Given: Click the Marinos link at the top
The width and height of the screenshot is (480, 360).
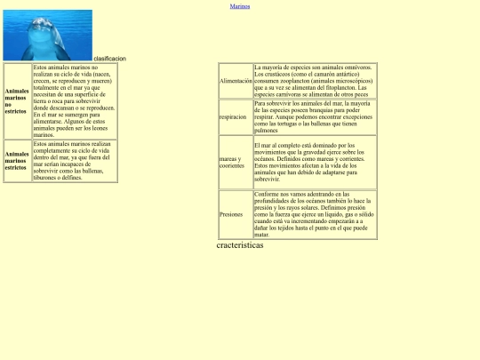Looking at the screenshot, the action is point(240,6).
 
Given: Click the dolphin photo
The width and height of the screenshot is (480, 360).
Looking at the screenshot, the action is point(47,35).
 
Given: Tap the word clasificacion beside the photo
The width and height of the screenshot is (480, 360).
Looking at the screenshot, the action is point(109,59).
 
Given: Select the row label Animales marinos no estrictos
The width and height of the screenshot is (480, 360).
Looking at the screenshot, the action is point(17,100).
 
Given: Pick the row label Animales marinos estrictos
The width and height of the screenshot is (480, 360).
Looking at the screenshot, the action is point(17,161).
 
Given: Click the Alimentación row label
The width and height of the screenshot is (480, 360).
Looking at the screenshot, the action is point(236,81).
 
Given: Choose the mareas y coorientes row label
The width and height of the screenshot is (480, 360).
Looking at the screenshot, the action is point(232,162).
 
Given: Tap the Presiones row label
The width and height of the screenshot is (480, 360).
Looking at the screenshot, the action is point(231,214).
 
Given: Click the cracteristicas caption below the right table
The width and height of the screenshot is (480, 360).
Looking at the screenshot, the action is point(240,245).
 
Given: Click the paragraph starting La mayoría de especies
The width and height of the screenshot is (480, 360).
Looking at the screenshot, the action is point(315,81).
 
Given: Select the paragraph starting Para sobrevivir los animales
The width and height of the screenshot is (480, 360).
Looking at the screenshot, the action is point(315,116).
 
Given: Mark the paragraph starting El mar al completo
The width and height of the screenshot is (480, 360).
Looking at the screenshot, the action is point(315,162).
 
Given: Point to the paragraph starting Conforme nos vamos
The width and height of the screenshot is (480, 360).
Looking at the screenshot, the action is point(315,214).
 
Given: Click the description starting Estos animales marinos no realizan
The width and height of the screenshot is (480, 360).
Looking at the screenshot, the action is point(74,100).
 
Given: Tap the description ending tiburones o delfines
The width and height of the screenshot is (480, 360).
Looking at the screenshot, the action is point(74,161).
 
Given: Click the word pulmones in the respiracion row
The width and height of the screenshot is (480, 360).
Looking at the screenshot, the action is point(267,129).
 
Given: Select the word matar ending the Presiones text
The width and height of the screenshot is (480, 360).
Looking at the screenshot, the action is point(261,236).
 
